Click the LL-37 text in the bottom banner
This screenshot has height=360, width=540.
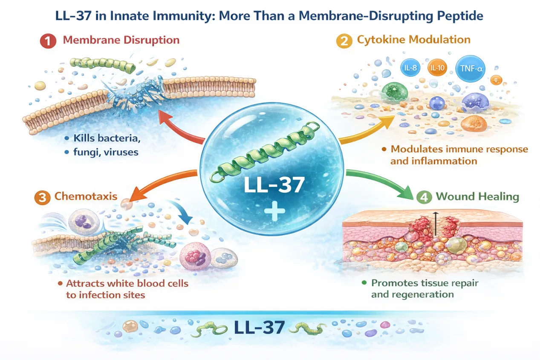(x=259, y=327)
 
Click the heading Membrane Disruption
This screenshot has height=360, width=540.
(x=121, y=40)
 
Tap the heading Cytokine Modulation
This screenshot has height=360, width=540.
(x=413, y=40)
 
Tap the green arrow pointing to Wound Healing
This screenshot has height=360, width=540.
(x=384, y=183)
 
